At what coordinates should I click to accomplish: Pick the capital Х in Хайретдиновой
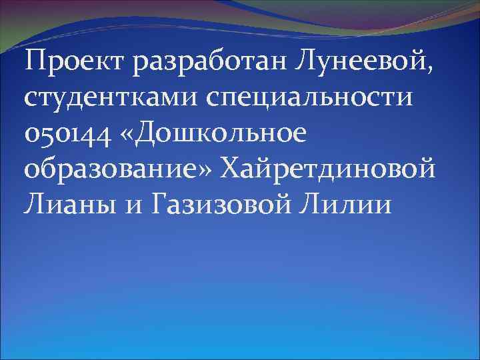234,167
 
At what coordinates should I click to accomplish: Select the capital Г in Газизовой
161,202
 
